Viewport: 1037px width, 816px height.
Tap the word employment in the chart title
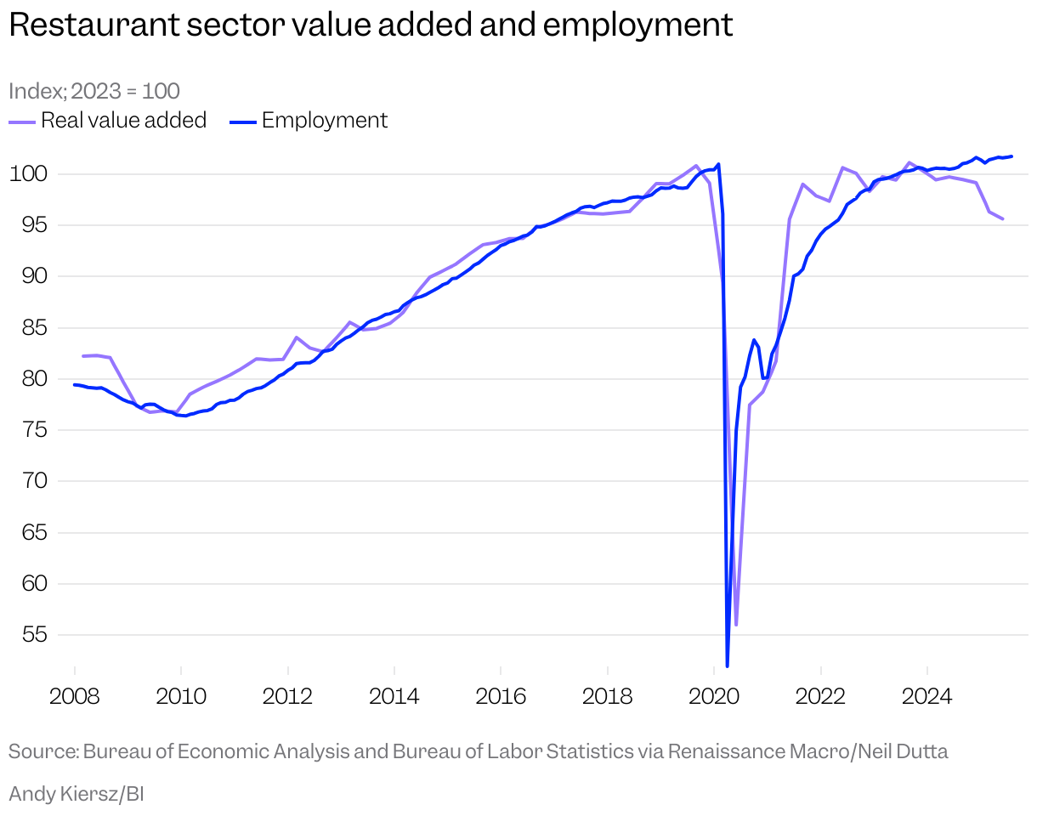tap(637, 25)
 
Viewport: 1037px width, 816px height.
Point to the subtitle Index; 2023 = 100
tap(94, 91)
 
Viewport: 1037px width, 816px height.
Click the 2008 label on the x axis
tap(75, 697)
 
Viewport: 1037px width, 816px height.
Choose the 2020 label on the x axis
tap(713, 697)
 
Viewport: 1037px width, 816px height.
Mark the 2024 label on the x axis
tap(926, 697)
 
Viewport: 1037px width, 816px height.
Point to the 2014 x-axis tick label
tap(394, 697)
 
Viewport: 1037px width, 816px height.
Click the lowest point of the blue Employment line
tap(728, 666)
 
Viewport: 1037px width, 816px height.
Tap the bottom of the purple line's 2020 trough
tap(736, 625)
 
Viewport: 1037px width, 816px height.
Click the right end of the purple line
tap(1003, 219)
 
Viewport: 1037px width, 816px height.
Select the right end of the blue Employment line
tap(1011, 156)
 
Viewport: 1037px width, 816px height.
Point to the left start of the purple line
tap(82, 356)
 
